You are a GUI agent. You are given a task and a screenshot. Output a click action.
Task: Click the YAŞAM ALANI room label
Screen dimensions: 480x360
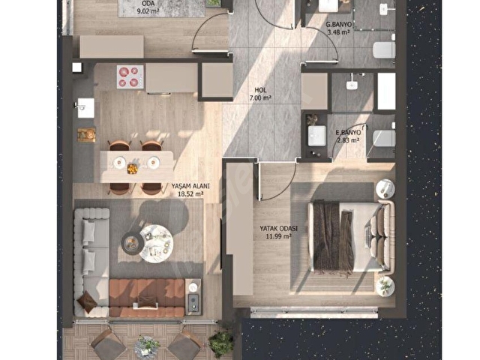190,186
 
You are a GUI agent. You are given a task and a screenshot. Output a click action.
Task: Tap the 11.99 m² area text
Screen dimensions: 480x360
278,236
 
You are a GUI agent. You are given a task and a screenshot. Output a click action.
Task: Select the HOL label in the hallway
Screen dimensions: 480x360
260,90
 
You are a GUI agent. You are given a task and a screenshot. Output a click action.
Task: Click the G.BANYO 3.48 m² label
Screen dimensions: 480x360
338,28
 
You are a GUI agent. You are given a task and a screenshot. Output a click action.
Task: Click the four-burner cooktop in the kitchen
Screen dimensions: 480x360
130,76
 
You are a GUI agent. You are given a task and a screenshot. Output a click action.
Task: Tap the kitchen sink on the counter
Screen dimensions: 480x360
85,108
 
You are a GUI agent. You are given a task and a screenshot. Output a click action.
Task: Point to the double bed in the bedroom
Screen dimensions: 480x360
351,236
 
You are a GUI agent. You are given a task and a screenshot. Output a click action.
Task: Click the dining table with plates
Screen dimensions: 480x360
136,166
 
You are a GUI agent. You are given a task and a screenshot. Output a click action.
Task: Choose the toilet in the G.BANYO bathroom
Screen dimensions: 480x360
384,50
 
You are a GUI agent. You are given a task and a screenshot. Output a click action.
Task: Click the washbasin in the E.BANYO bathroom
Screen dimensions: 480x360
316,136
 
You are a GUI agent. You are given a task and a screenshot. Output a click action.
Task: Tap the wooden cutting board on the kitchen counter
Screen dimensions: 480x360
86,135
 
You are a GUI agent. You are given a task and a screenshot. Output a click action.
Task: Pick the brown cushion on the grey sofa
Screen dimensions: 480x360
87,301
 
